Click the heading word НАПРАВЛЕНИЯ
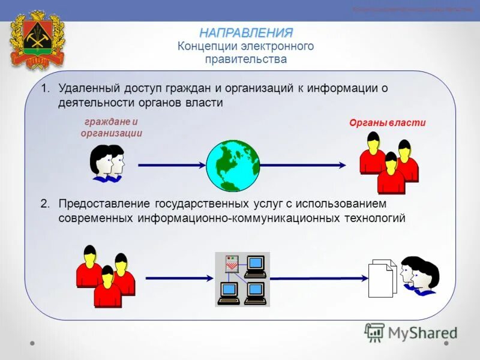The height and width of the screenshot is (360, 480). [247, 32]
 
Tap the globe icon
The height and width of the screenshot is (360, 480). [233, 165]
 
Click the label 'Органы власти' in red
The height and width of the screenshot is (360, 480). [388, 123]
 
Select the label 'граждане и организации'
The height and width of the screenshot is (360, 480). [112, 128]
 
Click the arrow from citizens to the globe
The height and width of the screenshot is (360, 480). [172, 164]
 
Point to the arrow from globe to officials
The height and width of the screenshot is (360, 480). [303, 164]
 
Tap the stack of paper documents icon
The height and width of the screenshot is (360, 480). [382, 277]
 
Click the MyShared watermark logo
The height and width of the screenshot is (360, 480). [411, 332]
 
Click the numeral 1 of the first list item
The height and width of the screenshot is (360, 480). [44, 89]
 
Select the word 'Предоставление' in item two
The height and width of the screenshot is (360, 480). [104, 204]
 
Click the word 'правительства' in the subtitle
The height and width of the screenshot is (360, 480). [246, 59]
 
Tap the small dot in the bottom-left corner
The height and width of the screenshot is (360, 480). [32, 344]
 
